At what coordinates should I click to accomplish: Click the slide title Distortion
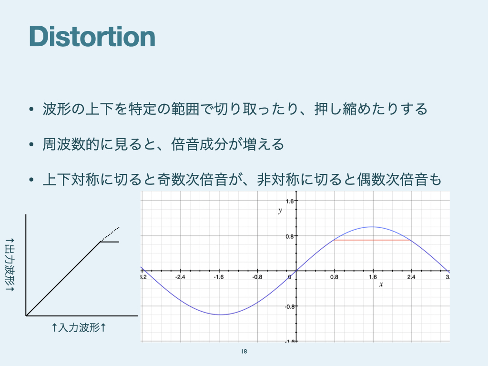pos(92,37)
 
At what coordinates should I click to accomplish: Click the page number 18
pos(244,351)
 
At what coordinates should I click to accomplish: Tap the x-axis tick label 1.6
pos(373,277)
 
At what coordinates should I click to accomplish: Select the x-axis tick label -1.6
pos(218,277)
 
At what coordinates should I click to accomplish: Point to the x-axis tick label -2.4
pos(180,277)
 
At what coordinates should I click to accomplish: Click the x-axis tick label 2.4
pos(411,277)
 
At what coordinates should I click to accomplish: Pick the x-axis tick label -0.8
pos(257,277)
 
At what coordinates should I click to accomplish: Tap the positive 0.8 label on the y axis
pos(290,236)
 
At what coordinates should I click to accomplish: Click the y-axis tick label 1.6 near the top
pos(290,201)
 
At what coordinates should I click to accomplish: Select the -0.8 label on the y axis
pos(289,306)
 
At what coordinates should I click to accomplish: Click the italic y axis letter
pos(280,211)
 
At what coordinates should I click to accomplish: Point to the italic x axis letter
pos(381,284)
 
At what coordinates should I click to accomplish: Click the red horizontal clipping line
pos(372,240)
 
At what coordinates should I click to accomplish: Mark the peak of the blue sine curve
pos(372,227)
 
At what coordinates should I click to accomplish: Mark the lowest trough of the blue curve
pos(220,315)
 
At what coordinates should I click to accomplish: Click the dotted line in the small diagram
pos(110,234)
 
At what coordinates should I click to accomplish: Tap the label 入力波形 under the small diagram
pos(79,327)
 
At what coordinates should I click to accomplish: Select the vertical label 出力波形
pos(10,265)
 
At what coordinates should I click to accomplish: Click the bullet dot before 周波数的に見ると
pos(31,144)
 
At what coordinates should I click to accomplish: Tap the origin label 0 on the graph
pos(289,277)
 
